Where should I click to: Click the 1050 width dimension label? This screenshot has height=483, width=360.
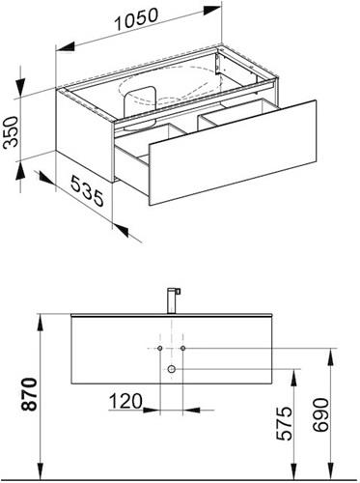tap(136, 19)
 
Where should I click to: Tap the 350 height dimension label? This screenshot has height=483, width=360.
tap(11, 132)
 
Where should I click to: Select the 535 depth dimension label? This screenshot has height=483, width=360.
tap(87, 190)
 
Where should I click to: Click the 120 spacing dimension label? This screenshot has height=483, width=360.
tap(125, 401)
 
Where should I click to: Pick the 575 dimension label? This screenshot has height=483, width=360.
tap(285, 423)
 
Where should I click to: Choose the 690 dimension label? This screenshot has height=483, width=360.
tap(320, 414)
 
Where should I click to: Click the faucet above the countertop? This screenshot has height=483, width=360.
tap(174, 300)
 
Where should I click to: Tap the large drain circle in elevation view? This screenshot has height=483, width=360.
tap(172, 369)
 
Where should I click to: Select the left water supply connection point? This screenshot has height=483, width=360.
tap(160, 348)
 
